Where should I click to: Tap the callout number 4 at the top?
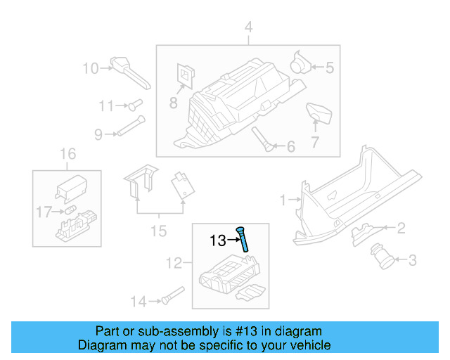click(x=247, y=28)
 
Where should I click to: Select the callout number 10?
click(x=91, y=68)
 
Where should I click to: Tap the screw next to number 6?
click(x=263, y=139)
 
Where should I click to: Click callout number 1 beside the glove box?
click(x=283, y=200)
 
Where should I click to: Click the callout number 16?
click(x=66, y=154)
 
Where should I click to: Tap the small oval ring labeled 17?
click(x=70, y=210)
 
